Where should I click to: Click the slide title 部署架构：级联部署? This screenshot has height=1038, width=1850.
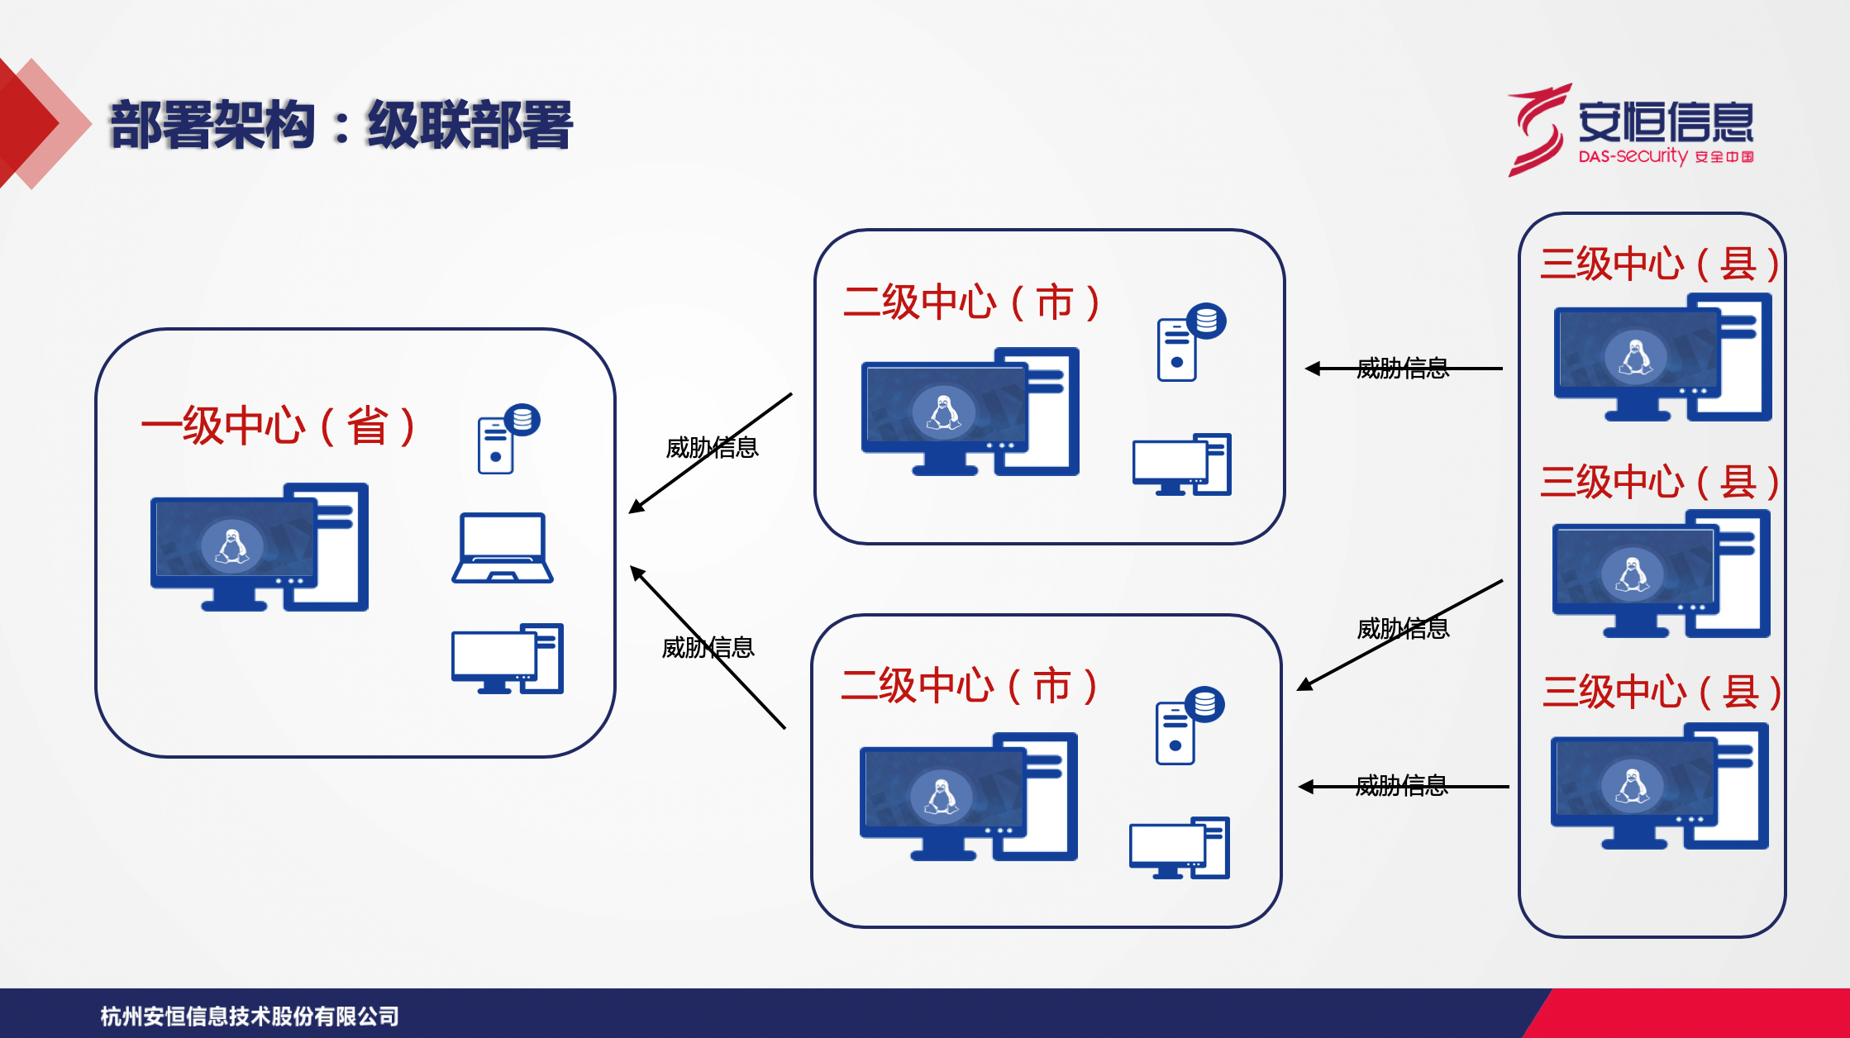click(341, 126)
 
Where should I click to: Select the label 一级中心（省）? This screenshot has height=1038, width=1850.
click(278, 426)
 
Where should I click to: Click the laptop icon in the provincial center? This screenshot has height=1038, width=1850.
click(503, 548)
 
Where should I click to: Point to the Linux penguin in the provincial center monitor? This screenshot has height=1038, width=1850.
click(232, 546)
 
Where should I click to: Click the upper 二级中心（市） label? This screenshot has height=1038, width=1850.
click(971, 302)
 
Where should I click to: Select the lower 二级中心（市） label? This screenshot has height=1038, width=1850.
click(969, 686)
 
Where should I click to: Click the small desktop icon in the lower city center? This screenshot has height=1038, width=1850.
click(1180, 848)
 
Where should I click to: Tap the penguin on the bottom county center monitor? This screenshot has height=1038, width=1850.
click(1633, 785)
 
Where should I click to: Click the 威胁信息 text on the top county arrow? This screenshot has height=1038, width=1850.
click(1403, 368)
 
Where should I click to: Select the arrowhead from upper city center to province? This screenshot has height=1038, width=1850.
click(635, 507)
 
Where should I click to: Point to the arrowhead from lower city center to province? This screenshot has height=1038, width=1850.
click(637, 572)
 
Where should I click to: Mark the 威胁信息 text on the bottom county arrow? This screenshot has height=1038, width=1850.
click(1401, 785)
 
